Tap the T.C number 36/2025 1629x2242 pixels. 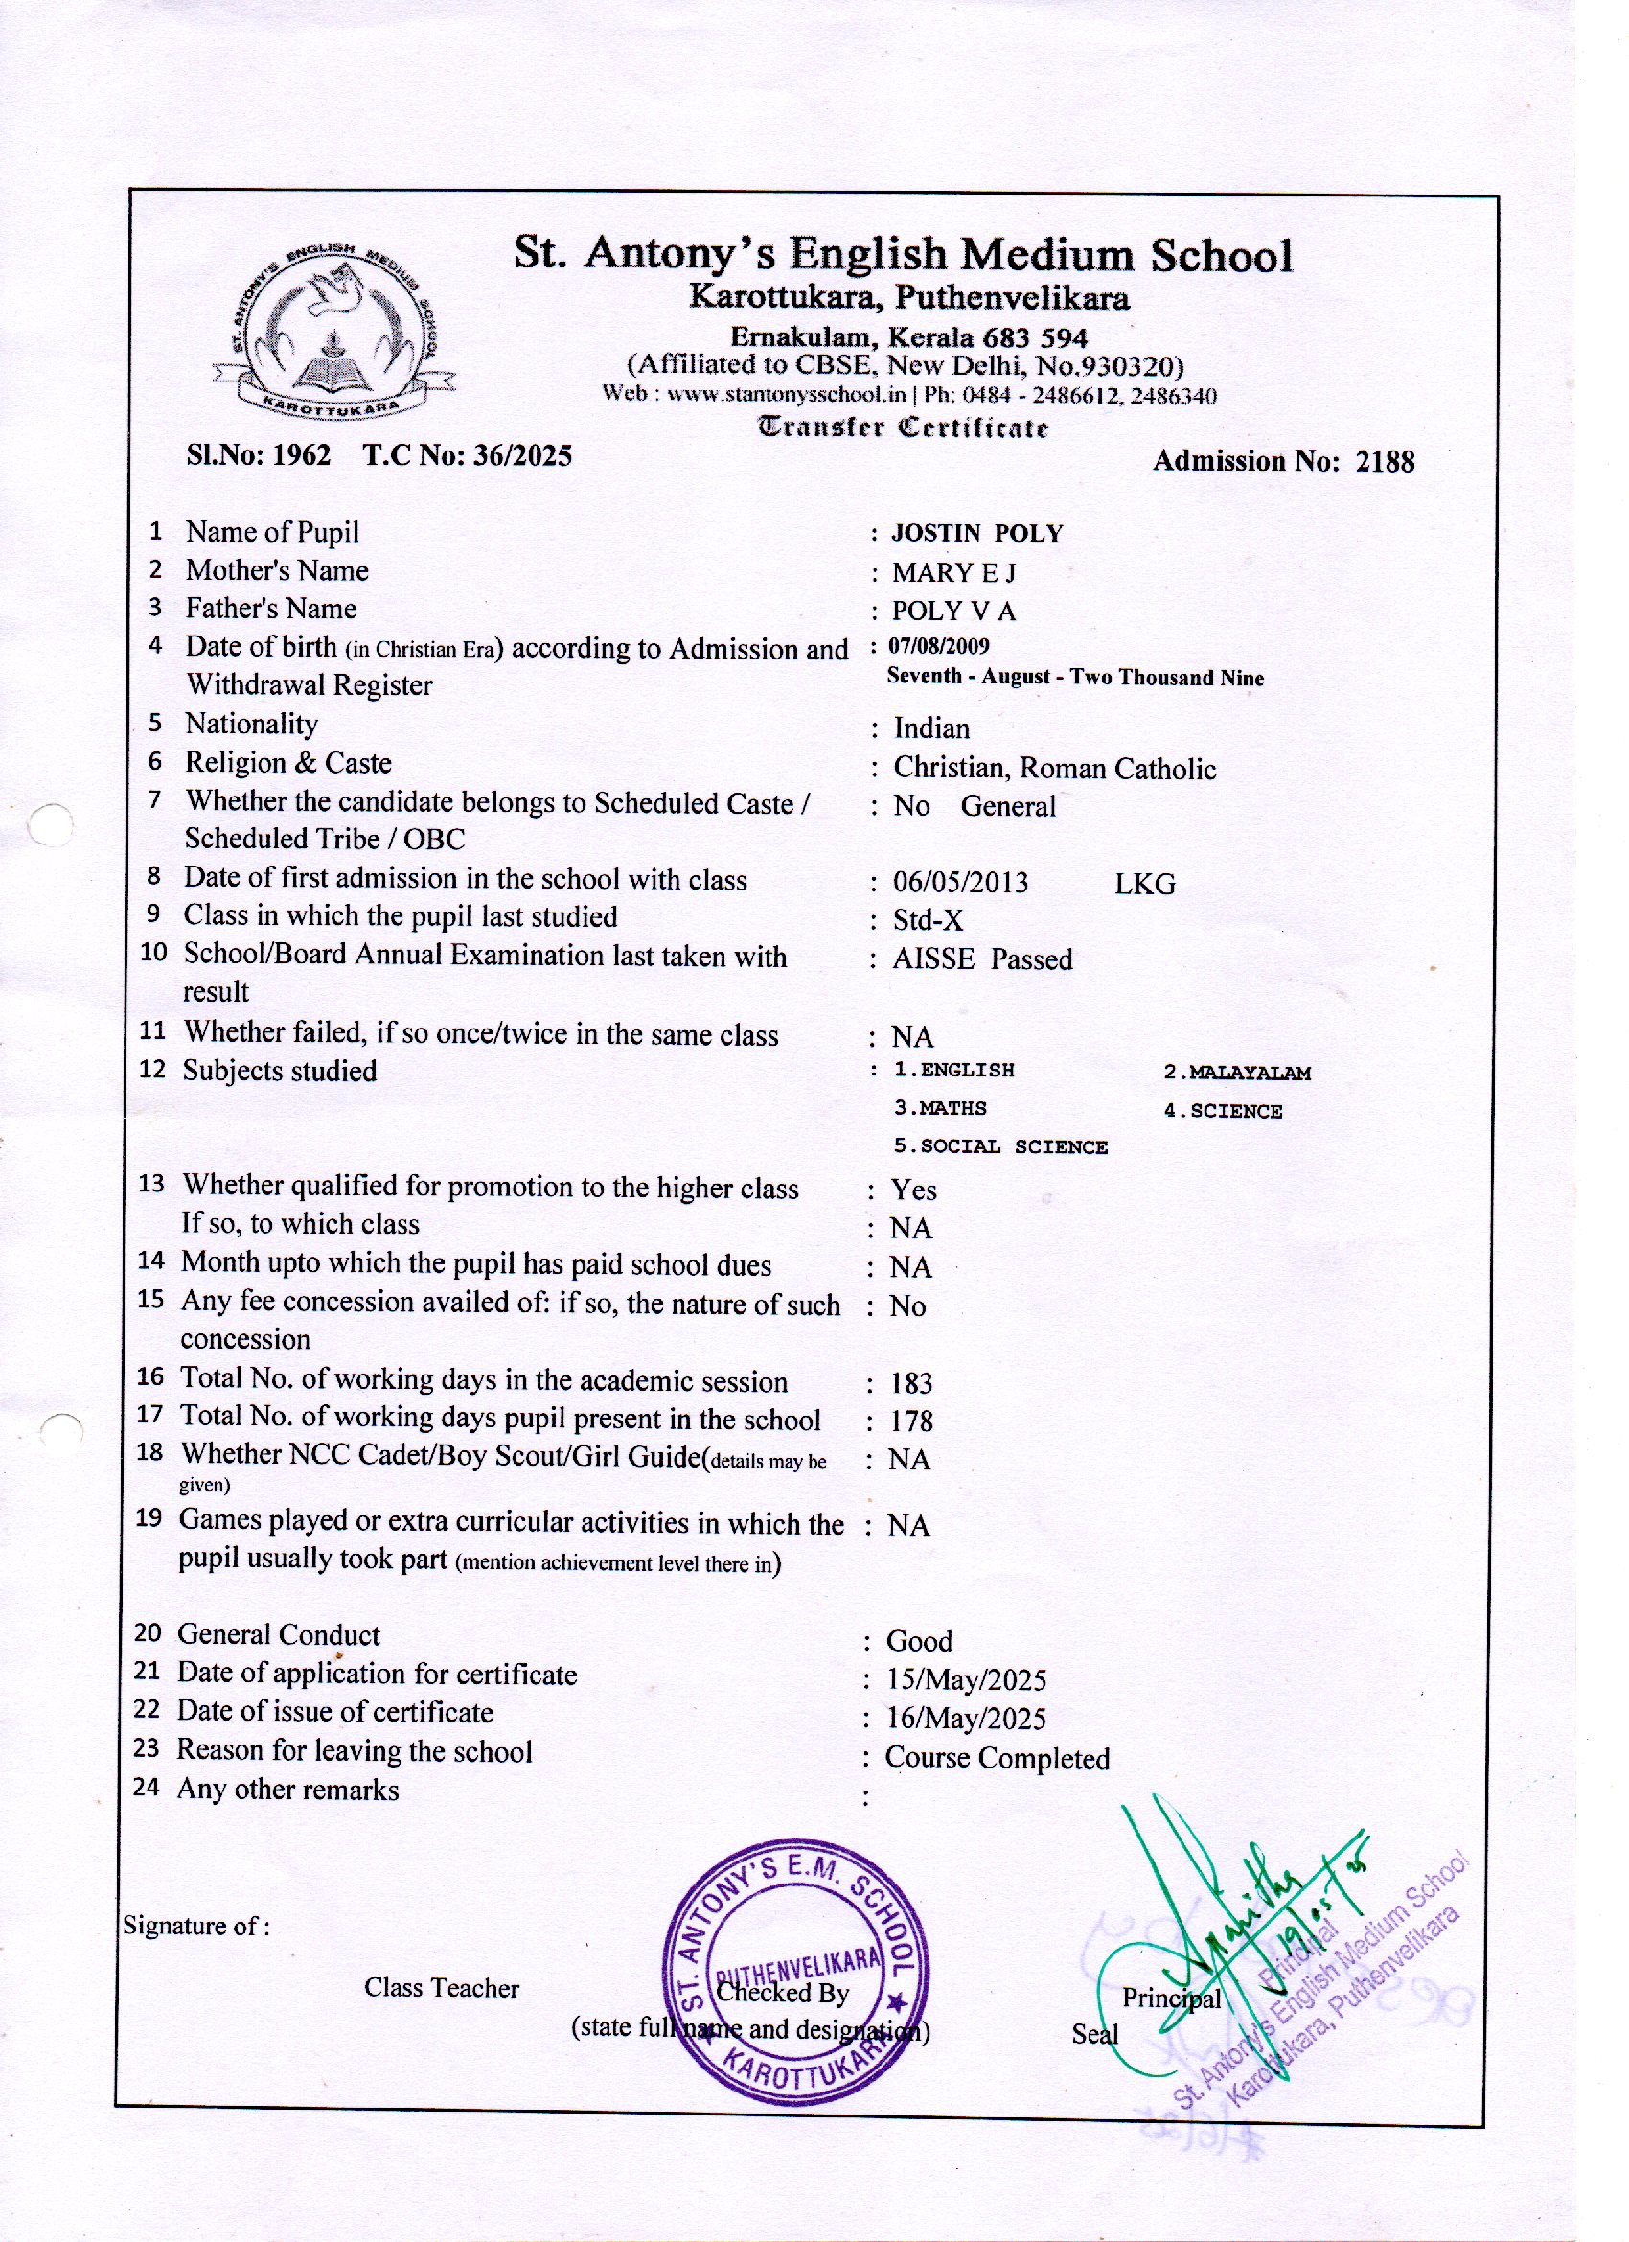click(523, 455)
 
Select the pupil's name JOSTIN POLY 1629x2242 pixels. click(976, 534)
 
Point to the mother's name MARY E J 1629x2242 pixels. click(952, 573)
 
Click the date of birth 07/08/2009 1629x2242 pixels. click(939, 646)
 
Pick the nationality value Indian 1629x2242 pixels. click(931, 728)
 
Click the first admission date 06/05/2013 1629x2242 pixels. click(961, 882)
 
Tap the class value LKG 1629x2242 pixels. click(1145, 884)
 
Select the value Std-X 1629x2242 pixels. click(928, 920)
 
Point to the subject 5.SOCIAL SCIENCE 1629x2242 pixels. click(1000, 1147)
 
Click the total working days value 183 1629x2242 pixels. click(910, 1383)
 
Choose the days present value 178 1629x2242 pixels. click(910, 1421)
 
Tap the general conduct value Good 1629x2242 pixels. click(919, 1642)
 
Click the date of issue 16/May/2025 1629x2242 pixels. click(967, 1719)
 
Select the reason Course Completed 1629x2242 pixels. click(998, 1759)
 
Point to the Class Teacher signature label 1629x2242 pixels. click(441, 1988)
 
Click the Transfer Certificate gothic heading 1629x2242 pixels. click(903, 428)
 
